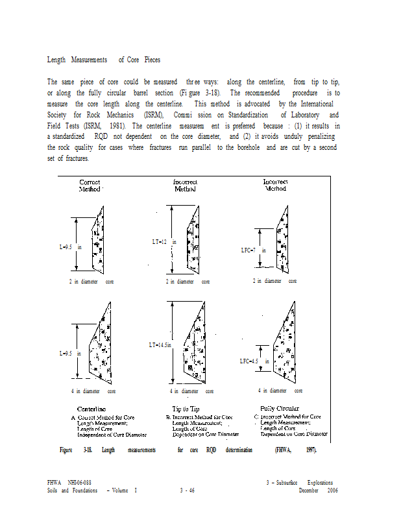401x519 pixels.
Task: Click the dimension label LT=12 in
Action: pyautogui.click(x=164, y=242)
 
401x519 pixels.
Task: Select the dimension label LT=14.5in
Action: pyautogui.click(x=160, y=345)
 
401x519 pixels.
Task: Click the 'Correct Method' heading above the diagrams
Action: pyautogui.click(x=90, y=186)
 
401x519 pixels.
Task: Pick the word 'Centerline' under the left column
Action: pyautogui.click(x=92, y=409)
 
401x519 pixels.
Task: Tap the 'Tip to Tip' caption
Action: pyautogui.click(x=186, y=409)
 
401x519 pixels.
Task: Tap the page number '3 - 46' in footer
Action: pyautogui.click(x=188, y=490)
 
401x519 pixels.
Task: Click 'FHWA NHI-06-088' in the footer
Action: pyautogui.click(x=69, y=483)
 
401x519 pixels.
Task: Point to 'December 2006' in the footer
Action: pyautogui.click(x=319, y=490)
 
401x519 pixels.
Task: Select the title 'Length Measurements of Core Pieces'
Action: pyautogui.click(x=104, y=60)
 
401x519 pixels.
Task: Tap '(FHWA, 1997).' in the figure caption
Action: pyautogui.click(x=295, y=450)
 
